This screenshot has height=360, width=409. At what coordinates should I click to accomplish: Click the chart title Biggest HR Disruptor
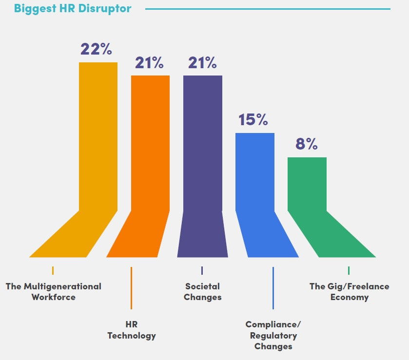tap(73, 9)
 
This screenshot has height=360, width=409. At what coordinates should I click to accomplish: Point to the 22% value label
tap(96, 49)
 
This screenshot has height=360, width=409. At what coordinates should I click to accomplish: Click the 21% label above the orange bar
tap(149, 63)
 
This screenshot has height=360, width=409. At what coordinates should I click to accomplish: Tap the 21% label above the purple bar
tap(202, 63)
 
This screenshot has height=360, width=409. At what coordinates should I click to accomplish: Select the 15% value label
tap(253, 120)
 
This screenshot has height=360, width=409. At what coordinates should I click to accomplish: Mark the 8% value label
tap(306, 144)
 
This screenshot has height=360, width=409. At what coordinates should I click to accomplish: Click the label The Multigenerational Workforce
tap(54, 291)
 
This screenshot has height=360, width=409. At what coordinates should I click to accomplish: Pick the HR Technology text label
tap(132, 330)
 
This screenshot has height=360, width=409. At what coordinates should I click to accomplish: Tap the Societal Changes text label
tap(202, 291)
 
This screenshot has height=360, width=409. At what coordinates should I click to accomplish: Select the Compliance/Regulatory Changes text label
tap(273, 335)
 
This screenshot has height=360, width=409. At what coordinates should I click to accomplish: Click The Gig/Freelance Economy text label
tap(349, 291)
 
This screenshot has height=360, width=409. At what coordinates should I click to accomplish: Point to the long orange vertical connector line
tap(131, 287)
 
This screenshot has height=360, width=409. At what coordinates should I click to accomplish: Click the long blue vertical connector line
tap(273, 287)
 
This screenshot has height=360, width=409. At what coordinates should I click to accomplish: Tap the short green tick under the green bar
tap(349, 270)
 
